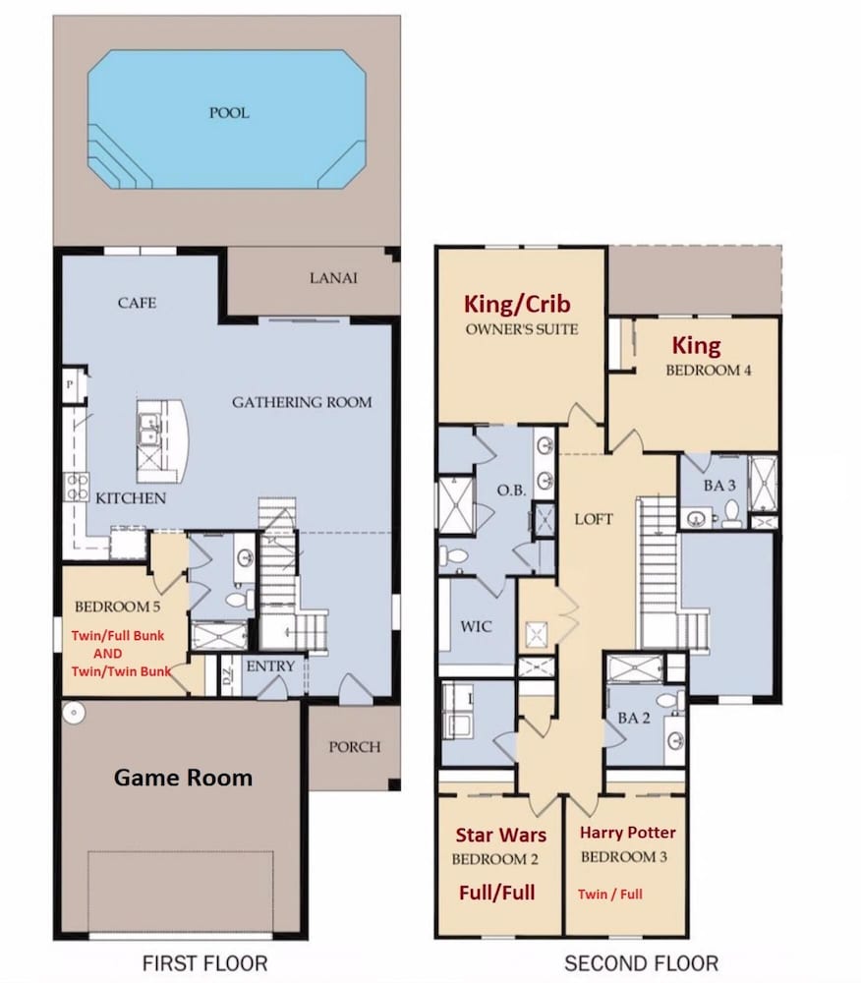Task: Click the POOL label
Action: coord(229,113)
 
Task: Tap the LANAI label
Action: coord(333,278)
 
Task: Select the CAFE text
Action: coord(137,303)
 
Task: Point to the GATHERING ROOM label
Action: coord(302,402)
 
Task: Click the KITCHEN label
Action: coord(131,498)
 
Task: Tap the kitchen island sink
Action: coord(149,430)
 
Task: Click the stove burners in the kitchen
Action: coord(77,487)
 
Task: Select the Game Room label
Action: coord(183,778)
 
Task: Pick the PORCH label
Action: coord(355,747)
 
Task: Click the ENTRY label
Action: coord(270,665)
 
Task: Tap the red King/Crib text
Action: coord(517,304)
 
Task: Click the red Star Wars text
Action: coord(500,835)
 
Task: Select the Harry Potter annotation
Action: coord(627,833)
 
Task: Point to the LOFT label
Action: coord(594,519)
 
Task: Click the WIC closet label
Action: coord(476,626)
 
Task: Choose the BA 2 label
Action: coord(634,719)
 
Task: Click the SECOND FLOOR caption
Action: coord(641,963)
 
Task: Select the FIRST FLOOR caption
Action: coord(204,963)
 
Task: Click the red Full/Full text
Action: coord(497,893)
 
